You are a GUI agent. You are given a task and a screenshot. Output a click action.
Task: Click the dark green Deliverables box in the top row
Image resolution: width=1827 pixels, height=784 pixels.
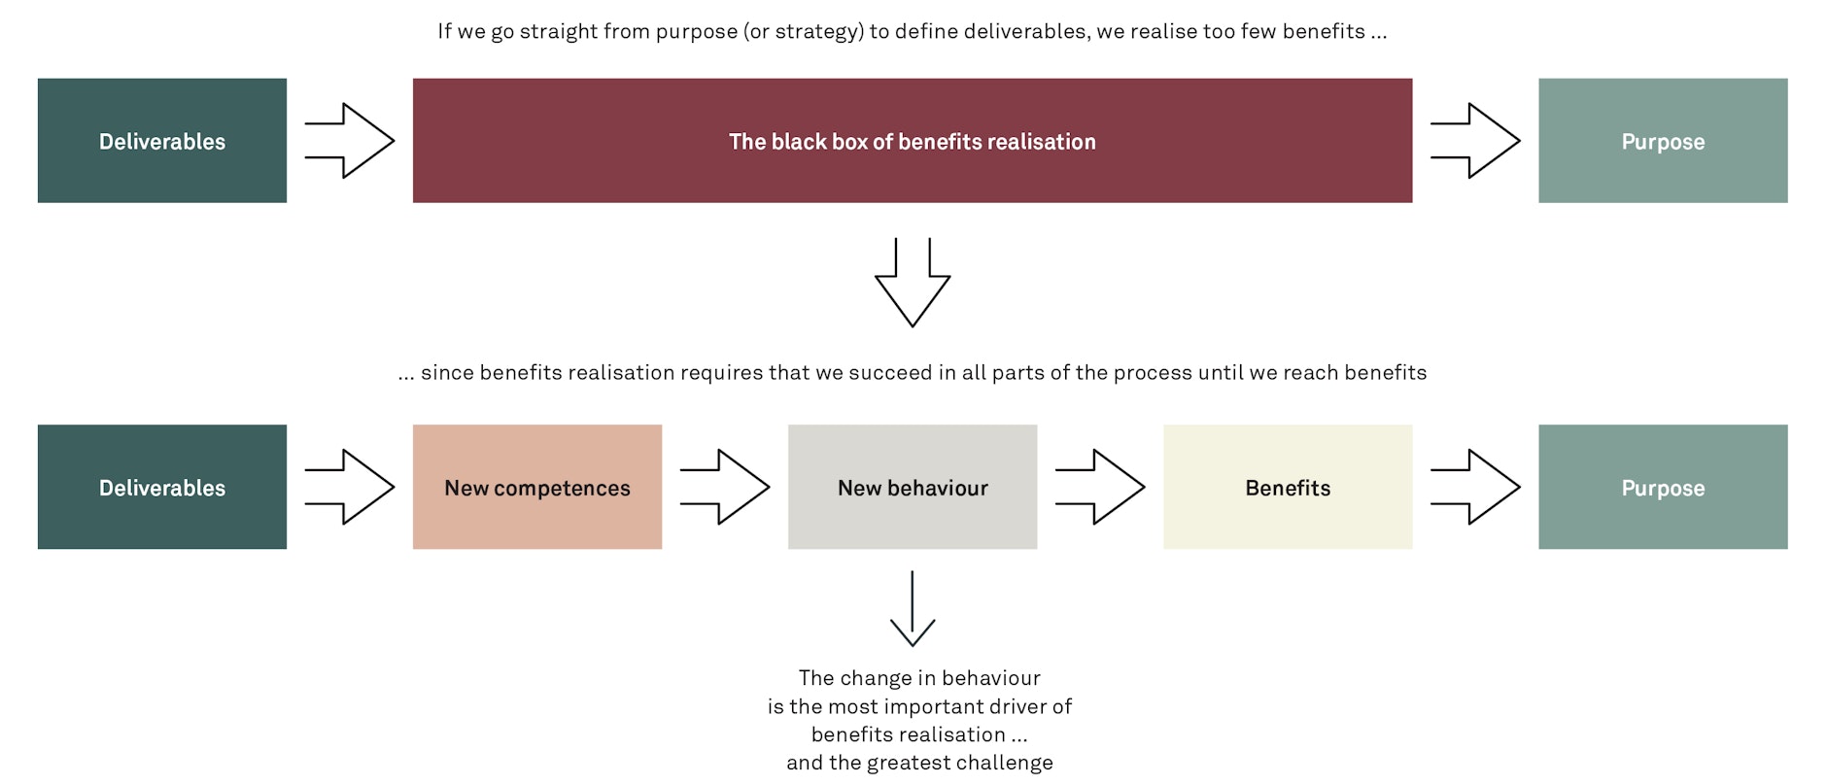pyautogui.click(x=162, y=141)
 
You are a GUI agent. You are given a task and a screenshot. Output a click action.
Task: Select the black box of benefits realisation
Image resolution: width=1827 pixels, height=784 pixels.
pyautogui.click(x=912, y=141)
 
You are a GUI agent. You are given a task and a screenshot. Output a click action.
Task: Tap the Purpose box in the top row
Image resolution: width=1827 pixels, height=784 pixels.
pyautogui.click(x=1662, y=141)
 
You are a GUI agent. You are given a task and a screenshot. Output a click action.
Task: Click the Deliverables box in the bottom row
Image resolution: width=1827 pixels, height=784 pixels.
pyautogui.click(x=162, y=487)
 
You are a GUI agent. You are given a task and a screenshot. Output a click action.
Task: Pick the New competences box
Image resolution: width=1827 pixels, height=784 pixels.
pyautogui.click(x=536, y=487)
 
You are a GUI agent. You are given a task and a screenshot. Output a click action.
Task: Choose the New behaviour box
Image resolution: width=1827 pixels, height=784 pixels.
pyautogui.click(x=912, y=487)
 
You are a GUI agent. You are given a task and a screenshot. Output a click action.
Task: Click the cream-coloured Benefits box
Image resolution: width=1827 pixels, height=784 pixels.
pyautogui.click(x=1287, y=487)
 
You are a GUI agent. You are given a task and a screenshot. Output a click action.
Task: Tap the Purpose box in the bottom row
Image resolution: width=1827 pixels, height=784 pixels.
pyautogui.click(x=1662, y=487)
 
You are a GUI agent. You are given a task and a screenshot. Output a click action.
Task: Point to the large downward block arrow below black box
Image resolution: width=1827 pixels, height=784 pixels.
pyautogui.click(x=912, y=282)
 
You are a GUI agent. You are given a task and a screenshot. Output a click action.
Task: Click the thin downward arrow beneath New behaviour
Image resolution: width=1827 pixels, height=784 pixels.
pyautogui.click(x=912, y=609)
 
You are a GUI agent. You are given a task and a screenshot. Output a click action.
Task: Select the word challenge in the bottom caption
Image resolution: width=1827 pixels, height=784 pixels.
pyautogui.click(x=1007, y=763)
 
